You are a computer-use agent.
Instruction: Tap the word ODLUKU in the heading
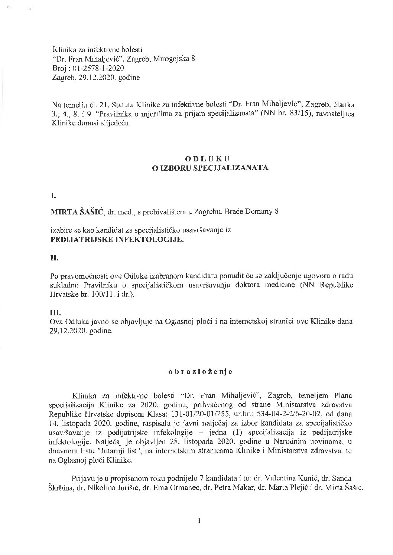[x=200, y=158]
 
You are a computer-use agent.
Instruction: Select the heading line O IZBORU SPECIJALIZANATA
[x=200, y=167]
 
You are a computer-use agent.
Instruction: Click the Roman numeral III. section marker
[x=56, y=313]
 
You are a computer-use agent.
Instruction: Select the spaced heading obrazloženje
[x=200, y=372]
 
